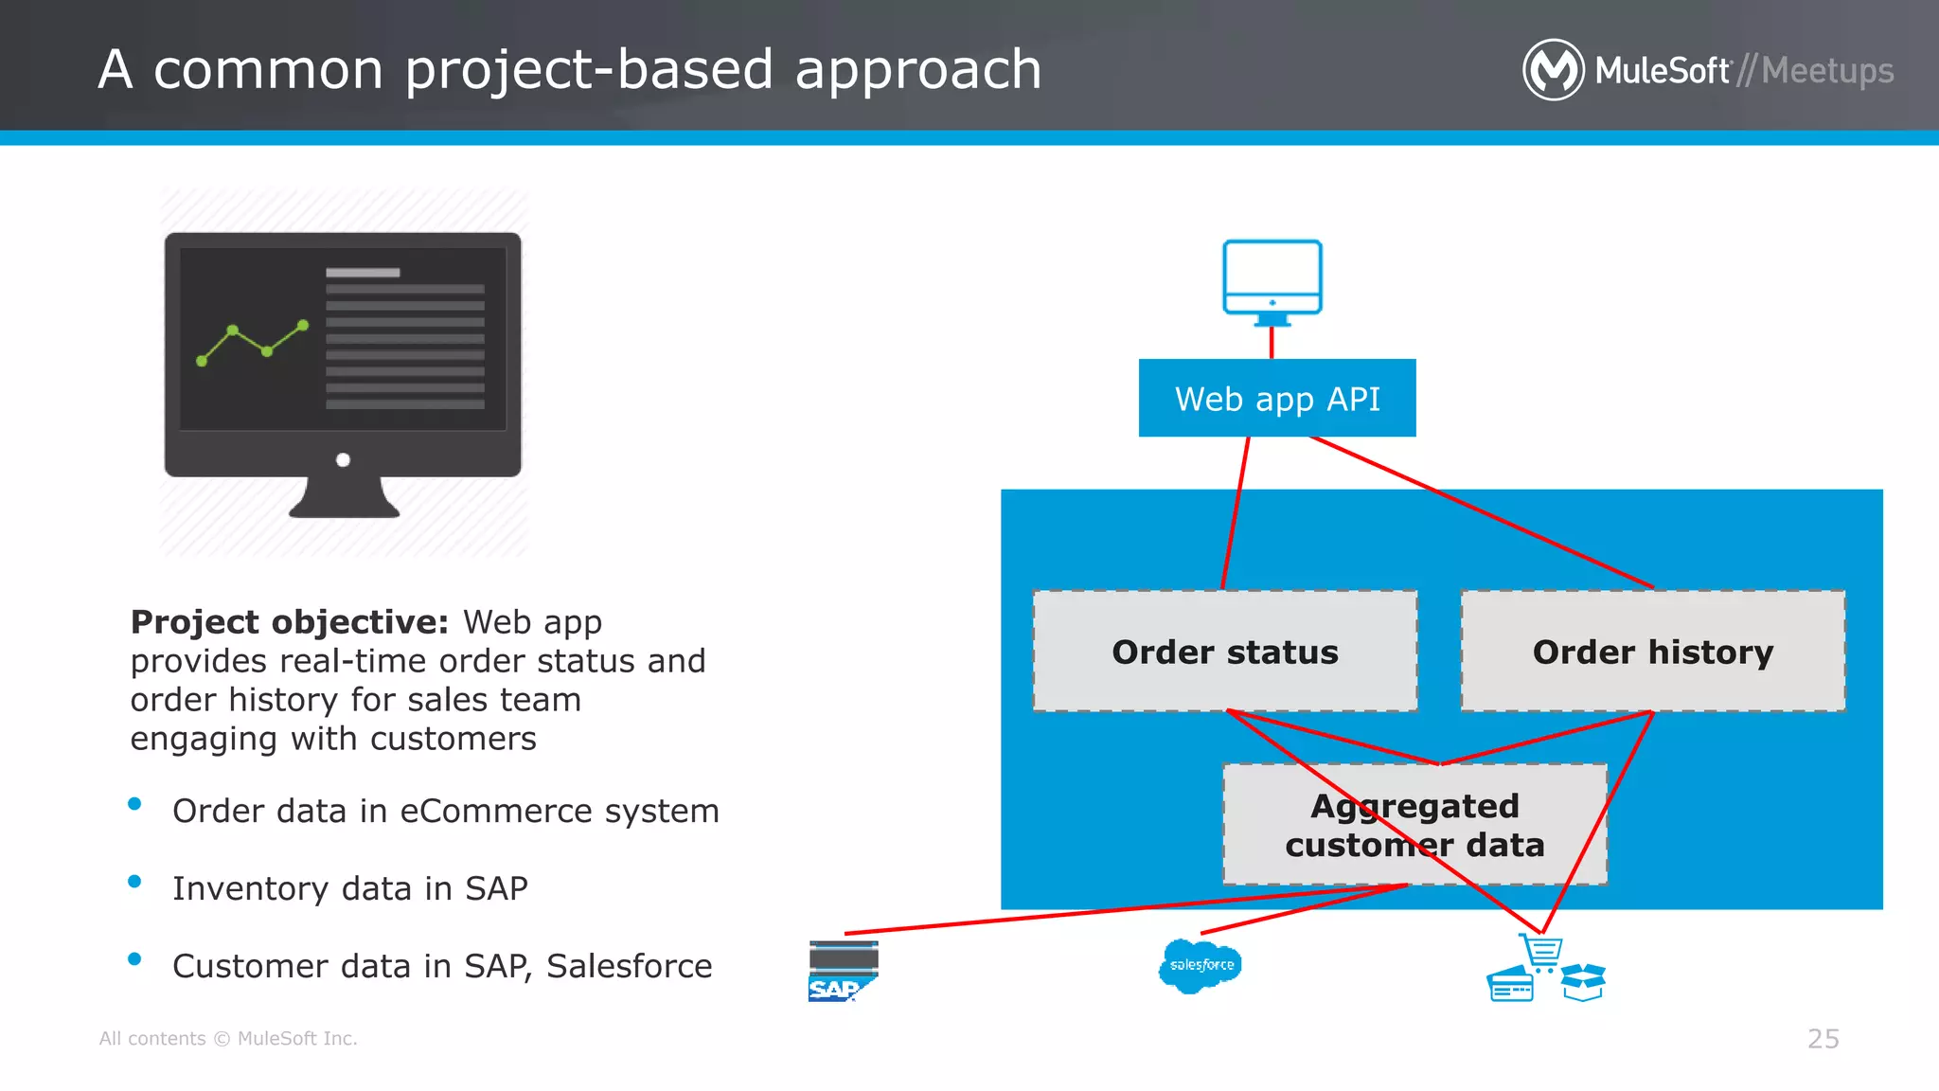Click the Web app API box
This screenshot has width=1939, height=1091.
click(x=1276, y=398)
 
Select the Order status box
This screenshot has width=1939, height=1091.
click(x=1224, y=652)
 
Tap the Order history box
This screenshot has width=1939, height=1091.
click(x=1652, y=652)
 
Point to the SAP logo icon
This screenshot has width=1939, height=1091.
click(x=842, y=972)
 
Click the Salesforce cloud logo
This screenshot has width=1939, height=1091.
click(x=1200, y=965)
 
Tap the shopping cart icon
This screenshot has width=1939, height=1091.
click(x=1541, y=952)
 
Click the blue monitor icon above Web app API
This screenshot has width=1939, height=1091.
click(x=1272, y=279)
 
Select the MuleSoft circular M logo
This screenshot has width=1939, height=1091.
click(x=1553, y=70)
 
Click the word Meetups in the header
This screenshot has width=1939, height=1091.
click(x=1827, y=71)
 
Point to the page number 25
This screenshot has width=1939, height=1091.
click(x=1823, y=1039)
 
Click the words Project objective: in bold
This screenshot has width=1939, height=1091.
click(x=289, y=622)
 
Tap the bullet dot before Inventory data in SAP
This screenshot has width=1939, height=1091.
click(x=134, y=882)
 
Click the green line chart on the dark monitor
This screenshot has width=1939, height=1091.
click(x=252, y=343)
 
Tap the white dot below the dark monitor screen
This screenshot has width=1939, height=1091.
click(x=343, y=460)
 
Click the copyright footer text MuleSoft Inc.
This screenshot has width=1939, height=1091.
click(x=296, y=1039)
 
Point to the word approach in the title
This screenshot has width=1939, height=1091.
click(x=917, y=70)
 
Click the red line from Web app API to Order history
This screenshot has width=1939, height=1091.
click(x=1482, y=512)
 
